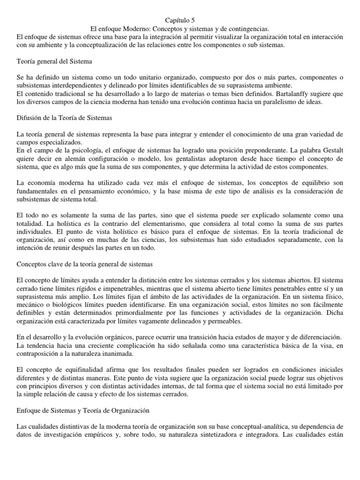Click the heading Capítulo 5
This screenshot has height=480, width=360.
tap(180, 20)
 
